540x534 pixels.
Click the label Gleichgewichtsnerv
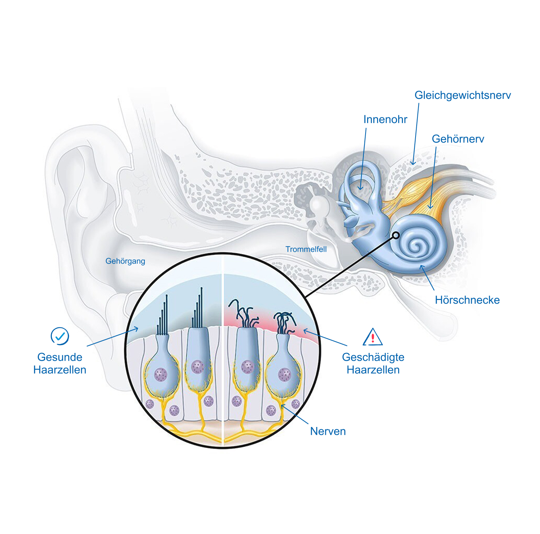pyautogui.click(x=463, y=95)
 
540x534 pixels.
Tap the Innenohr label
pyautogui.click(x=385, y=119)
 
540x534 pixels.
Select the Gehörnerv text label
pyautogui.click(x=458, y=139)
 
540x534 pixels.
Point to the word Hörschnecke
pyautogui.click(x=467, y=300)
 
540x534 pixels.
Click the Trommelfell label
pyautogui.click(x=306, y=249)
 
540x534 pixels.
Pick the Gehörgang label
pyautogui.click(x=125, y=261)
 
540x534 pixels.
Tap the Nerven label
pyautogui.click(x=328, y=431)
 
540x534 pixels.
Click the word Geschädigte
pyautogui.click(x=373, y=357)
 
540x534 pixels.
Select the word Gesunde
pyautogui.click(x=60, y=357)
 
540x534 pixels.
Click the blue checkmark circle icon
pyautogui.click(x=60, y=336)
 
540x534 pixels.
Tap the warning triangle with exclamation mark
pyautogui.click(x=373, y=337)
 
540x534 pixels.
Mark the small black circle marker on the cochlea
pyautogui.click(x=396, y=235)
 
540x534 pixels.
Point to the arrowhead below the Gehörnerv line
pyautogui.click(x=430, y=207)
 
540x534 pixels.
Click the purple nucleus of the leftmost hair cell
pyautogui.click(x=161, y=374)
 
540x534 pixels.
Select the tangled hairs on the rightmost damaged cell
pyautogui.click(x=284, y=321)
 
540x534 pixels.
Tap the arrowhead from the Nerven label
pyautogui.click(x=283, y=406)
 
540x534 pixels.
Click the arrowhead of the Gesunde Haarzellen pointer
pyautogui.click(x=137, y=328)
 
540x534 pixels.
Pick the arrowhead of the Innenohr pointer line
pyautogui.click(x=360, y=188)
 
